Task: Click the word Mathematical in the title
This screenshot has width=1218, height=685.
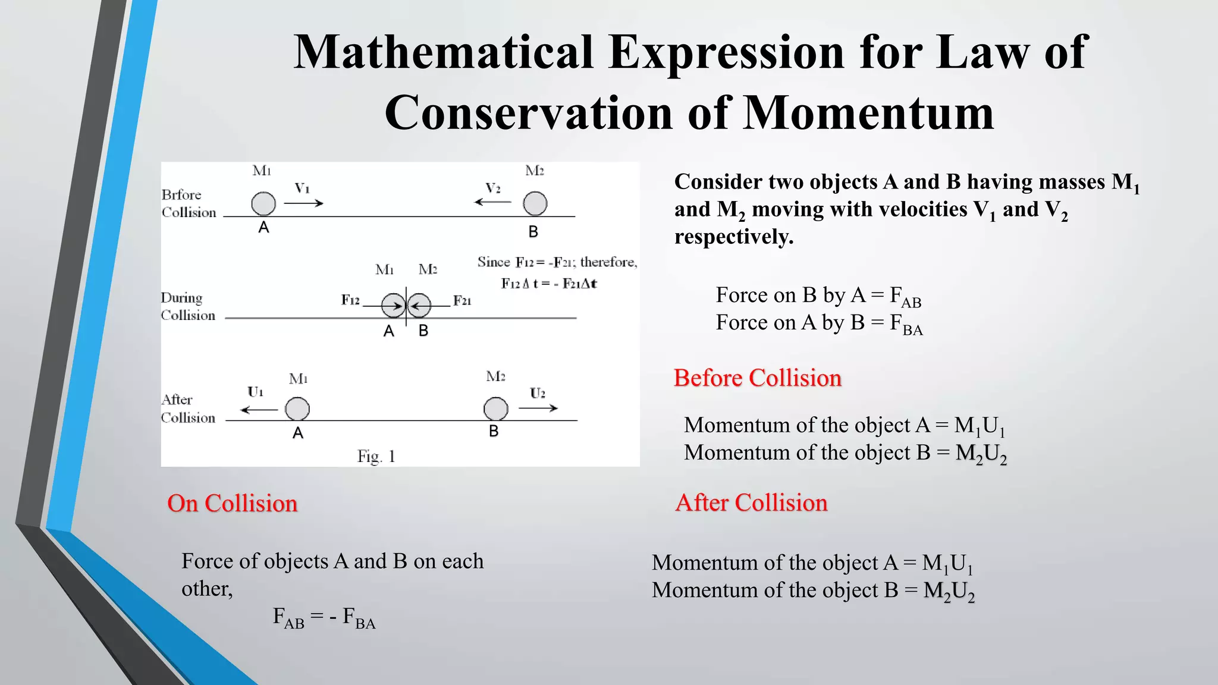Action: (444, 52)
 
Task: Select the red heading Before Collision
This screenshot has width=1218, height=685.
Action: (757, 378)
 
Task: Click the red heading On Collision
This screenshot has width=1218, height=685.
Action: (232, 504)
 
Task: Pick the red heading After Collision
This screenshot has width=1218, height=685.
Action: (751, 503)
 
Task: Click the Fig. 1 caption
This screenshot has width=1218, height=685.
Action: (376, 457)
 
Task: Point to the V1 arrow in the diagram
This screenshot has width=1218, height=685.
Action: (303, 203)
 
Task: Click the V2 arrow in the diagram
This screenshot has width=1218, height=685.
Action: (492, 202)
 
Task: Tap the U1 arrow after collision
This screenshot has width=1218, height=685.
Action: (259, 410)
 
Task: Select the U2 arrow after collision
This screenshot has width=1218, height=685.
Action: (538, 408)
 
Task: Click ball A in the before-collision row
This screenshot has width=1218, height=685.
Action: (263, 203)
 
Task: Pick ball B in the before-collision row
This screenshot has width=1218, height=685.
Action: (535, 203)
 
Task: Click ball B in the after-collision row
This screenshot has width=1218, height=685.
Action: (495, 409)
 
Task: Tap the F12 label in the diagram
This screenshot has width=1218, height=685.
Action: (350, 300)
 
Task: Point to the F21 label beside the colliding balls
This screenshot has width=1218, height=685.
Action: (462, 301)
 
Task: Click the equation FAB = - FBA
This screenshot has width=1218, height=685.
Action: (324, 617)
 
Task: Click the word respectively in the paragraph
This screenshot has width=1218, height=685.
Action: (734, 237)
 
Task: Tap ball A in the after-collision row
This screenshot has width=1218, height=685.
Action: (297, 409)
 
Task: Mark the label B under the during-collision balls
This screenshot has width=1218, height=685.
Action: (423, 331)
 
